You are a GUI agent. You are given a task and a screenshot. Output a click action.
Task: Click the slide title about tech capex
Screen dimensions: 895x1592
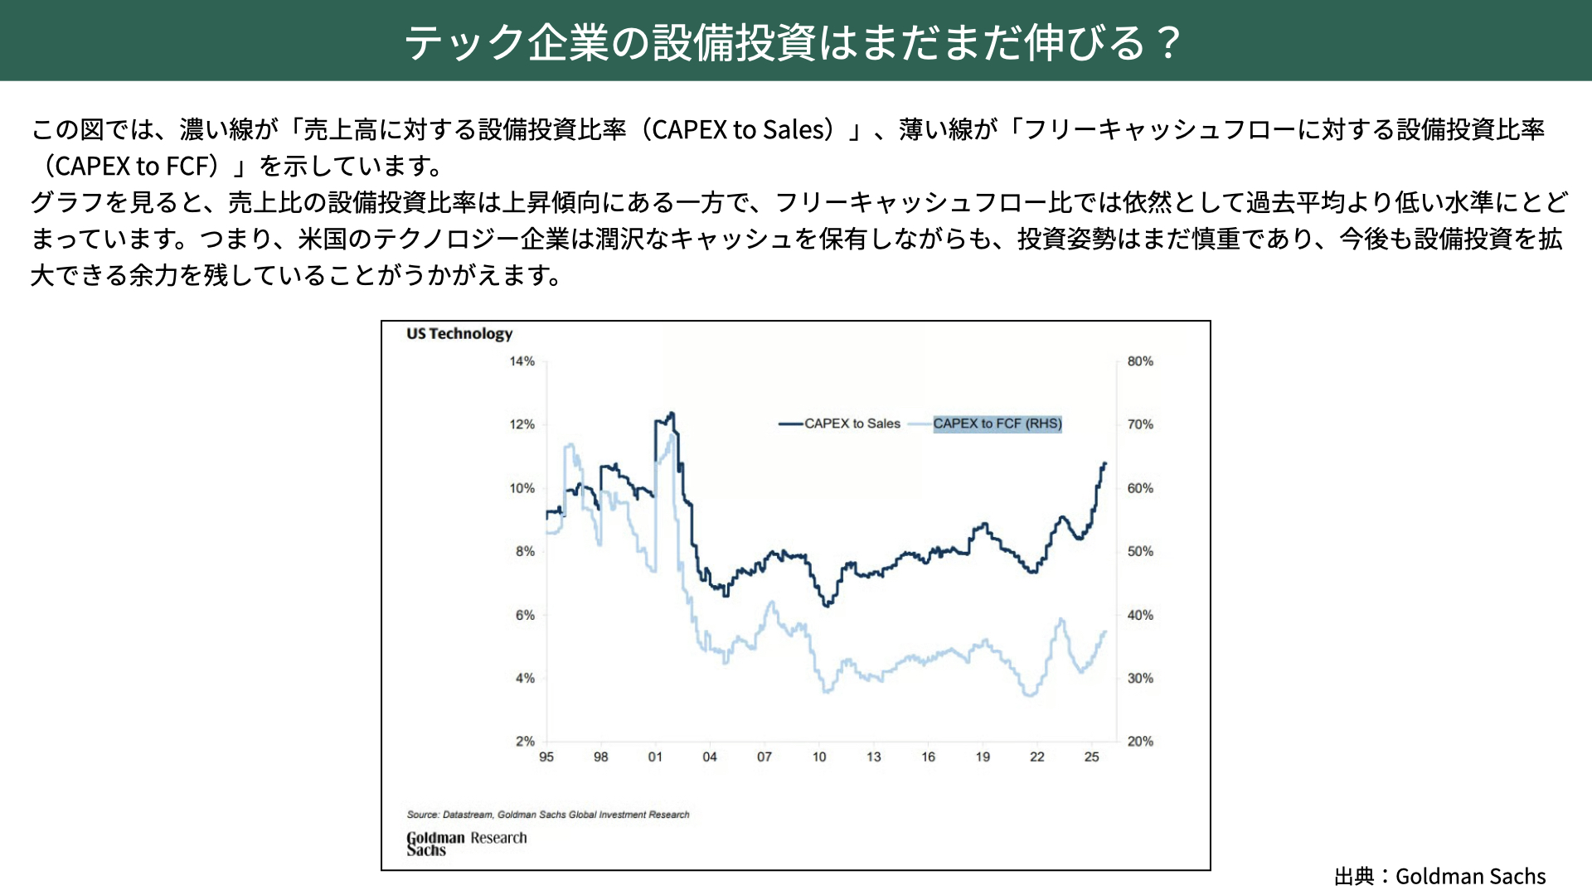(x=794, y=42)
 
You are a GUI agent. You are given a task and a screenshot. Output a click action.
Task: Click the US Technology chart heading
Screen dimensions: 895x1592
(x=459, y=334)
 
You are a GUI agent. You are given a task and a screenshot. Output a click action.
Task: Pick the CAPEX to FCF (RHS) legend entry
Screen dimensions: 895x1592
(x=997, y=423)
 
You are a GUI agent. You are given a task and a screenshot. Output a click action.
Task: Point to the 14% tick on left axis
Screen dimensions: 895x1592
(x=522, y=361)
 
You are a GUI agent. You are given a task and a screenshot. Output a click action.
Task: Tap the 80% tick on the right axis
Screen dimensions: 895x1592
(x=1140, y=361)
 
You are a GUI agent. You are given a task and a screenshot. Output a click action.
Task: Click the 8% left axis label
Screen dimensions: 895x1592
(x=525, y=551)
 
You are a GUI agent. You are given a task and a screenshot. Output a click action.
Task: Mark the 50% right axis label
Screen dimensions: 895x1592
(x=1140, y=551)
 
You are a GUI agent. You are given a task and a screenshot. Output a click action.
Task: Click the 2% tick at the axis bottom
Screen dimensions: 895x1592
(x=525, y=741)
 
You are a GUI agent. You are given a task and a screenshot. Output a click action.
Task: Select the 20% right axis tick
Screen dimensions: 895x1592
(x=1140, y=741)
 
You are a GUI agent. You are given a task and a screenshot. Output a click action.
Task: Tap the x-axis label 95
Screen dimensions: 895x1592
(x=546, y=757)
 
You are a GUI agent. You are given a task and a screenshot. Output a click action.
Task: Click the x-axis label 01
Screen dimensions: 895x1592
(x=655, y=757)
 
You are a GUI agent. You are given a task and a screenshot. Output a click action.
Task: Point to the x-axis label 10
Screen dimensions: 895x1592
(x=819, y=757)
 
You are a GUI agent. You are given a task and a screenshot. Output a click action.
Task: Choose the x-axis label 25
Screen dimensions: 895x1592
(x=1092, y=757)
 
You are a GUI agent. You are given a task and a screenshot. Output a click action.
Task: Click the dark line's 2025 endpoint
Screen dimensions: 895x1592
(x=1105, y=463)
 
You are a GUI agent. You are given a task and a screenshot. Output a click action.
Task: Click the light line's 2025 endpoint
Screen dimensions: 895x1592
(x=1105, y=632)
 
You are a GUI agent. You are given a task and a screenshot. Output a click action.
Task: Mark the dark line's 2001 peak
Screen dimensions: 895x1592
(x=671, y=414)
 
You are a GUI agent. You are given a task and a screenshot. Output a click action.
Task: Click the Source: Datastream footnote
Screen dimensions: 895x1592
(x=548, y=815)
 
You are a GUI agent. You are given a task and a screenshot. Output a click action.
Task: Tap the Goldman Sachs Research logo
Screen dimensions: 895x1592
(x=466, y=844)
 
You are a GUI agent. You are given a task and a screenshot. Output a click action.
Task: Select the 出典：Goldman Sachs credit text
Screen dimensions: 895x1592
(x=1439, y=876)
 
